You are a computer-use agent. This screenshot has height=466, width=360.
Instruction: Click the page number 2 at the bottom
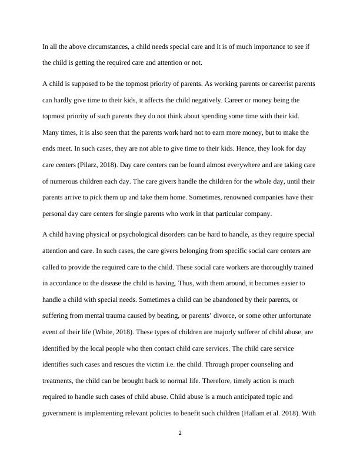tap(180, 434)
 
